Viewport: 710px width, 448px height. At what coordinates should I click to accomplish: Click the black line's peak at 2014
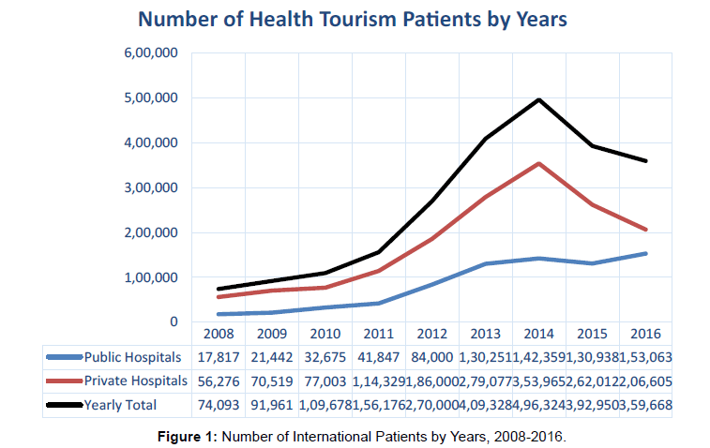539,99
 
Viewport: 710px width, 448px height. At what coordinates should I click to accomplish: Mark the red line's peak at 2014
539,163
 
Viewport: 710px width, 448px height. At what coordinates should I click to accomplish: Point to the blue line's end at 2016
646,253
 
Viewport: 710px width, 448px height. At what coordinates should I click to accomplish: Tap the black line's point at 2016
646,161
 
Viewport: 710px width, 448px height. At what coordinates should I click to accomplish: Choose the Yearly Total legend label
120,404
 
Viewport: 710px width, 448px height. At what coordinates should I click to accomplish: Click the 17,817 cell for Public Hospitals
219,357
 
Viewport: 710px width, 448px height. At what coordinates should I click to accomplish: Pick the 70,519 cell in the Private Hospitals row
272,381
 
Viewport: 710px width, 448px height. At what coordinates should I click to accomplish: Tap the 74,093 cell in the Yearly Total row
219,404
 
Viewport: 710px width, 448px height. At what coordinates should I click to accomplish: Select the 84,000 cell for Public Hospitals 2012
431,357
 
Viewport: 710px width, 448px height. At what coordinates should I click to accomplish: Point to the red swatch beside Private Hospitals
64,381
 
